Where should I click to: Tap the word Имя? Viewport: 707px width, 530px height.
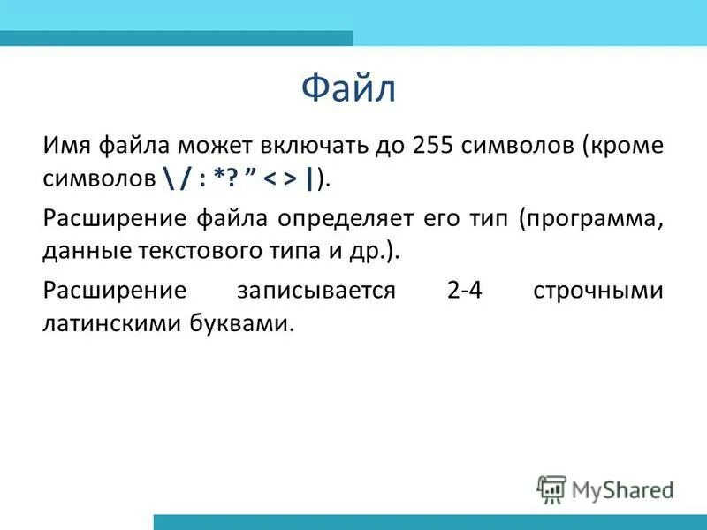[67, 144]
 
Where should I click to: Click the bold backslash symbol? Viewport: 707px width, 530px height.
[167, 178]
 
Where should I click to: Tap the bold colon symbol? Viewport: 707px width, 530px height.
[204, 178]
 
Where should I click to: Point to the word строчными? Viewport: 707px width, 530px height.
[598, 291]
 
